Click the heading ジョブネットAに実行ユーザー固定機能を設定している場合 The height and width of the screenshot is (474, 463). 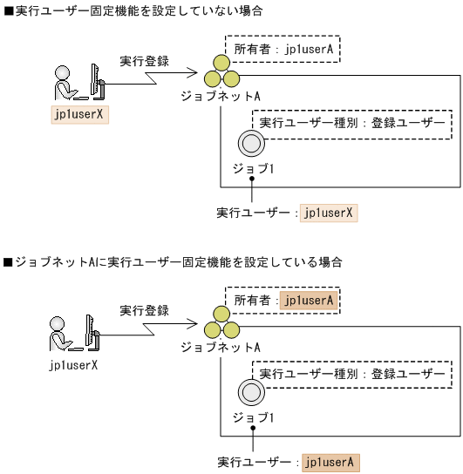coord(174,261)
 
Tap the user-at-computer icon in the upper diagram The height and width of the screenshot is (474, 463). coord(78,85)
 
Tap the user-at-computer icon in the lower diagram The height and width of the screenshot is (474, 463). coord(78,332)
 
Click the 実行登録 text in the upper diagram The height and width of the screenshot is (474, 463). coord(144,62)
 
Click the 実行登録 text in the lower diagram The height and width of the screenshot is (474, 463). coord(144,310)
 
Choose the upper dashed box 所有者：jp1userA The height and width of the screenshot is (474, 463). coord(282,49)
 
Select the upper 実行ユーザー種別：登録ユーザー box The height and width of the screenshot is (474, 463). coord(352,124)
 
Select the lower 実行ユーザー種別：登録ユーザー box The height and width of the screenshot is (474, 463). coord(352,374)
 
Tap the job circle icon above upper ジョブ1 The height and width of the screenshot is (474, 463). coord(251,142)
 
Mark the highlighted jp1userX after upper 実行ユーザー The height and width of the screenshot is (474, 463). coord(329,212)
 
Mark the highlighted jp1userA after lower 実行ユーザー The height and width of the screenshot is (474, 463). coord(329,462)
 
